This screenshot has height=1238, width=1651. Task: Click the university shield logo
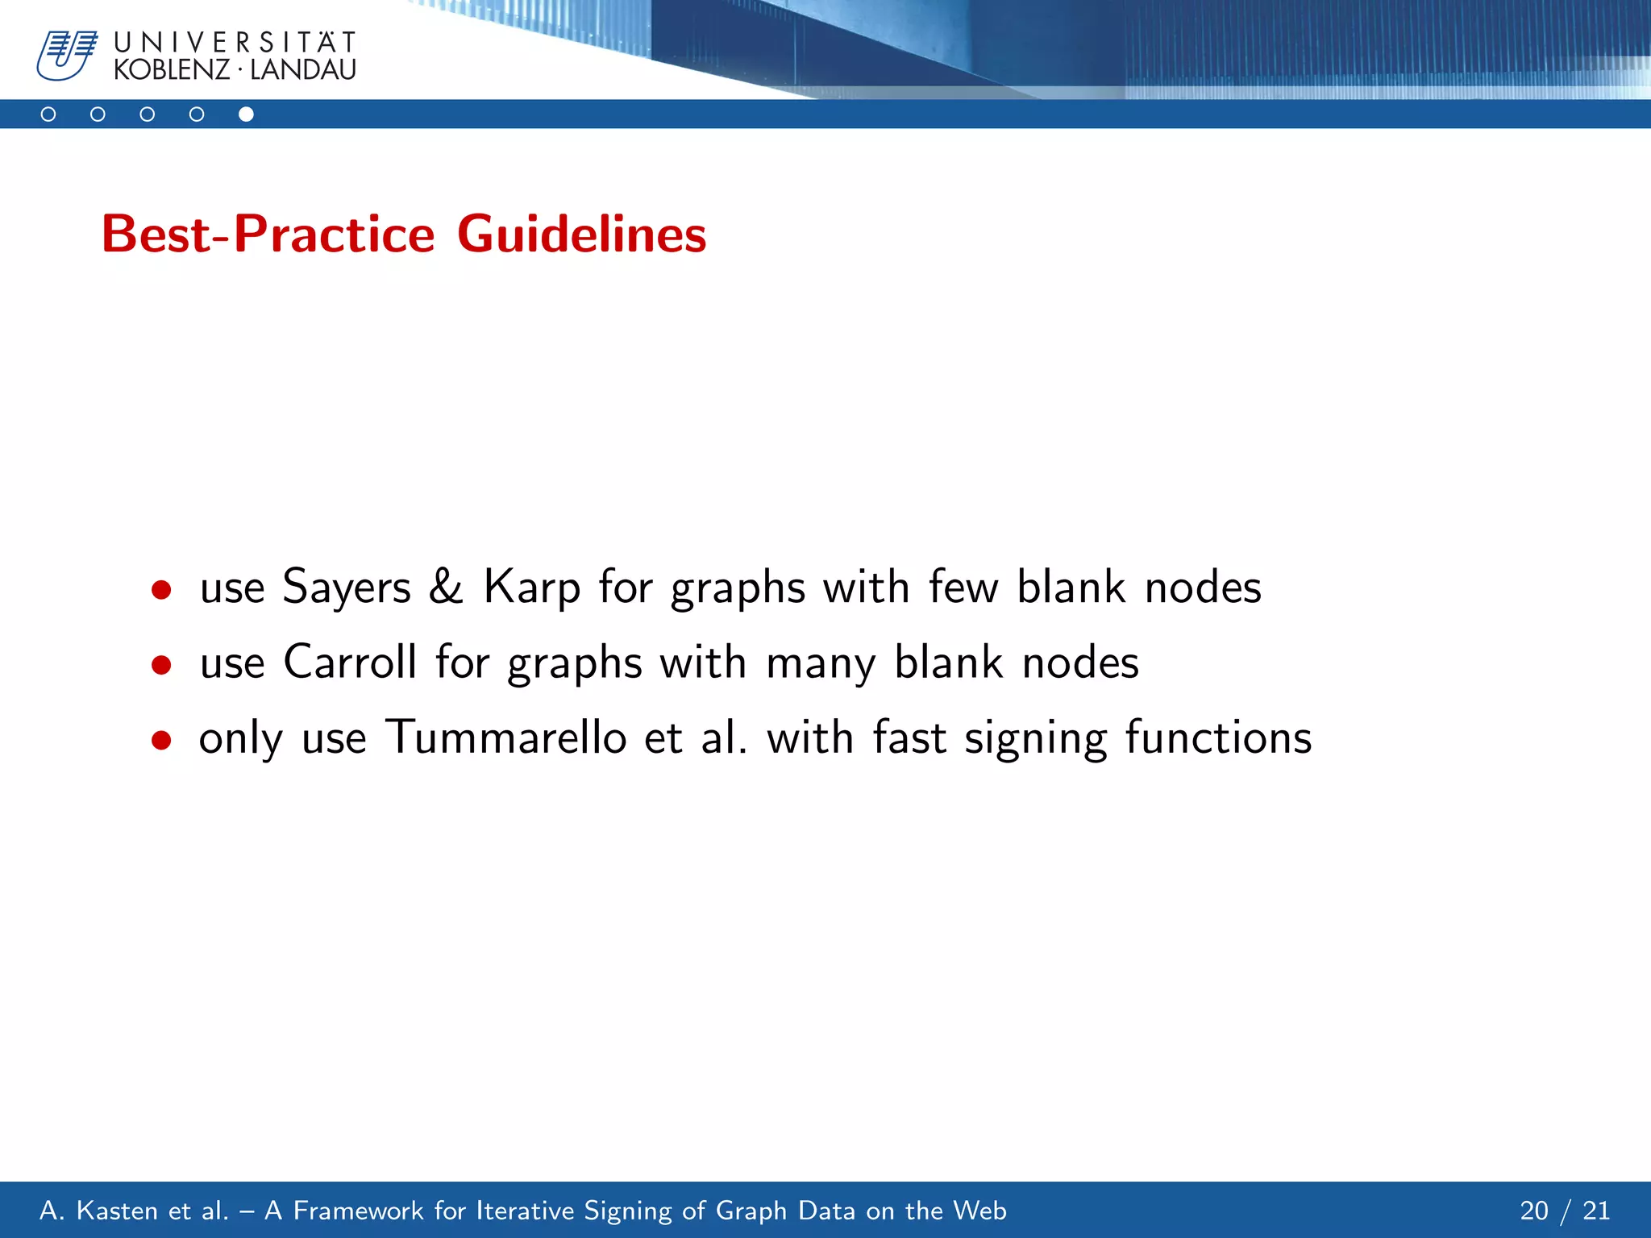pyautogui.click(x=66, y=55)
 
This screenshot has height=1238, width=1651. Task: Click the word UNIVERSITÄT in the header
pyautogui.click(x=235, y=42)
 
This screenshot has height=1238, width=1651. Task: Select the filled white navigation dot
pyautogui.click(x=246, y=114)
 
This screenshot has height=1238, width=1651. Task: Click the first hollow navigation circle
pyautogui.click(x=48, y=114)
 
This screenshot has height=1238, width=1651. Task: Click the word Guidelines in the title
pyautogui.click(x=581, y=235)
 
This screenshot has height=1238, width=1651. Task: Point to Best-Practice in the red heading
pyautogui.click(x=268, y=235)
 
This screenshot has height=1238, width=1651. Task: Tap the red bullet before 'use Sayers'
pyautogui.click(x=161, y=590)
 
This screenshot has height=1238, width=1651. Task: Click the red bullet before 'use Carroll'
pyautogui.click(x=161, y=666)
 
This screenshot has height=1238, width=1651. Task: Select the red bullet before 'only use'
pyautogui.click(x=161, y=740)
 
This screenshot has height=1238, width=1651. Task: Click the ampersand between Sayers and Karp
pyautogui.click(x=446, y=587)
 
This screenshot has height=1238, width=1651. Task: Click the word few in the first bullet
pyautogui.click(x=963, y=587)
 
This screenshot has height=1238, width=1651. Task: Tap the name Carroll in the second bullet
pyautogui.click(x=350, y=663)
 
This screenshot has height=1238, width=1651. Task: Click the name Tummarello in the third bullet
pyautogui.click(x=505, y=737)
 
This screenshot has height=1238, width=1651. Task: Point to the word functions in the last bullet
pyautogui.click(x=1218, y=737)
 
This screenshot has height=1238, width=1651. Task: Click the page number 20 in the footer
pyautogui.click(x=1534, y=1211)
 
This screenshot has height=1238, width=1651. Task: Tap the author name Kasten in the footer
pyautogui.click(x=113, y=1211)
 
